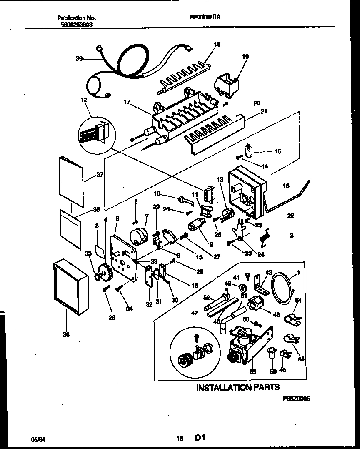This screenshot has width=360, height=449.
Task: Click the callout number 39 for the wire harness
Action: [x=79, y=59]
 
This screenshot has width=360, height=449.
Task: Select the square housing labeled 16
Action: [x=246, y=190]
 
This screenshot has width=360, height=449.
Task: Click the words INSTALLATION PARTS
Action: [x=237, y=387]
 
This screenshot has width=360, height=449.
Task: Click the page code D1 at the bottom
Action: [x=200, y=438]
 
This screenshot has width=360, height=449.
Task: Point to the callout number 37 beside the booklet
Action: [x=100, y=175]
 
